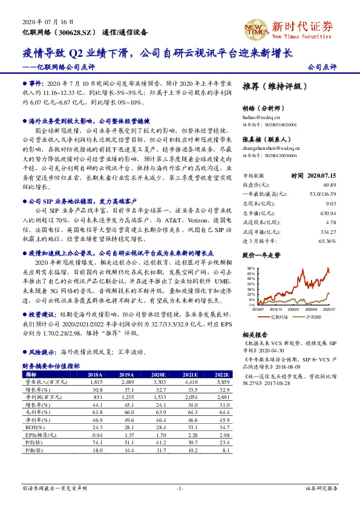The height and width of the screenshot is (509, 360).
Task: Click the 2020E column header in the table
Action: click(160, 374)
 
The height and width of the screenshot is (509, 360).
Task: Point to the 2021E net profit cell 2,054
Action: click(192, 398)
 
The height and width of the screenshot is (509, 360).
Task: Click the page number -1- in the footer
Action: click(180, 488)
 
